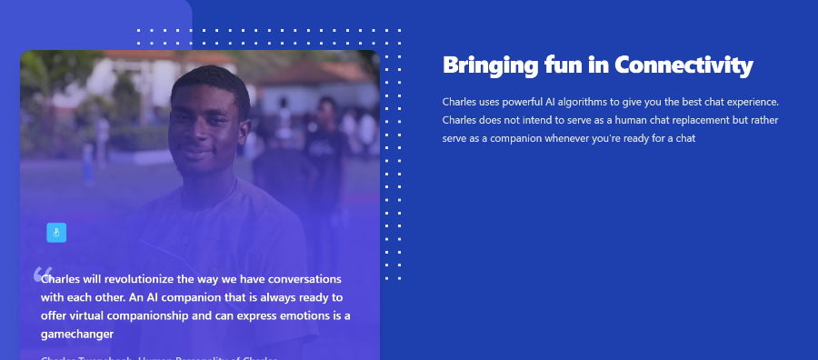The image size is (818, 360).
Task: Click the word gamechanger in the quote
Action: pyautogui.click(x=77, y=334)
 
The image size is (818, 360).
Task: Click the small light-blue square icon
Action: pyautogui.click(x=56, y=233)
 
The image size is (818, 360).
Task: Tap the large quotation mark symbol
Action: pyautogui.click(x=42, y=274)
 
